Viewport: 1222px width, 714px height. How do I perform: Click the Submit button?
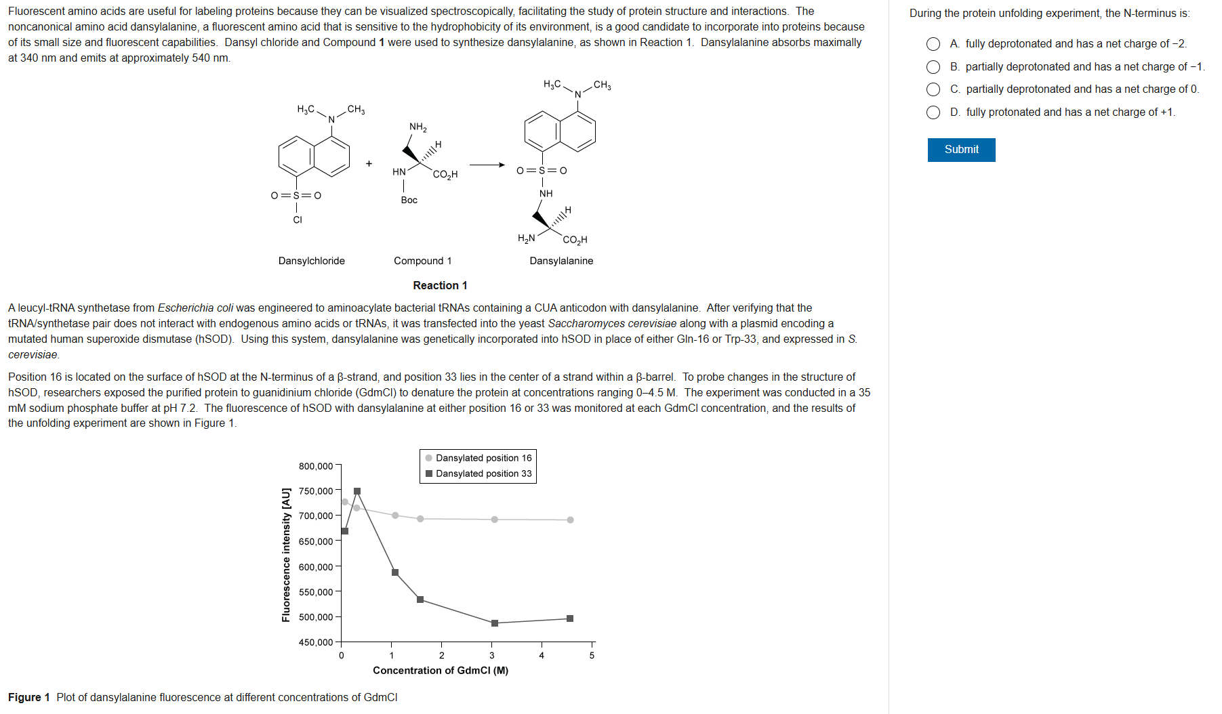pos(961,150)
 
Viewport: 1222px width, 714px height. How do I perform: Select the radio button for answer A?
pos(933,44)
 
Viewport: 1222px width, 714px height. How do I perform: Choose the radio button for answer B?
pos(933,67)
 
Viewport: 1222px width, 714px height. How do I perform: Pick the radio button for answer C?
pos(933,89)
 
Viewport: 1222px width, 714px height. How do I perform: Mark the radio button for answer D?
pos(933,112)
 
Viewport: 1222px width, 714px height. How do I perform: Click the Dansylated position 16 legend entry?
pos(483,458)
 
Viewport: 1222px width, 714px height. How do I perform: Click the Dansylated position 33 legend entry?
pos(483,474)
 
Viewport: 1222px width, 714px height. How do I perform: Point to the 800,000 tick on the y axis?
pos(316,466)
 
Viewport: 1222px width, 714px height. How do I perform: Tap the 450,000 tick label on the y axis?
pos(316,642)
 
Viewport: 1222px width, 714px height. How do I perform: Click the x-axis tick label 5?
pos(592,655)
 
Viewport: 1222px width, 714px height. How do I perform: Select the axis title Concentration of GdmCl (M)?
pos(441,670)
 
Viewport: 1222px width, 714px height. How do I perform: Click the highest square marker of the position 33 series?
pos(357,491)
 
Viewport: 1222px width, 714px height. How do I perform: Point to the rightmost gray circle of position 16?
pos(570,520)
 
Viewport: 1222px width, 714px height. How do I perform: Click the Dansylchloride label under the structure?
pos(312,261)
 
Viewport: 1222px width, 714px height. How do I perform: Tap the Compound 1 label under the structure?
pos(422,261)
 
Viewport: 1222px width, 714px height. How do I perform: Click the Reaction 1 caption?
pos(440,285)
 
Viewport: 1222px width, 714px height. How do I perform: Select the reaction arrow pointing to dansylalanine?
pos(487,165)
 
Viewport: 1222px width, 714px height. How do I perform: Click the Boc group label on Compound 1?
pos(409,200)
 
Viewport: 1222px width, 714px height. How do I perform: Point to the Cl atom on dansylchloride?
pos(298,219)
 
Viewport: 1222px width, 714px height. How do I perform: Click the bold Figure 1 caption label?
pos(29,697)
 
